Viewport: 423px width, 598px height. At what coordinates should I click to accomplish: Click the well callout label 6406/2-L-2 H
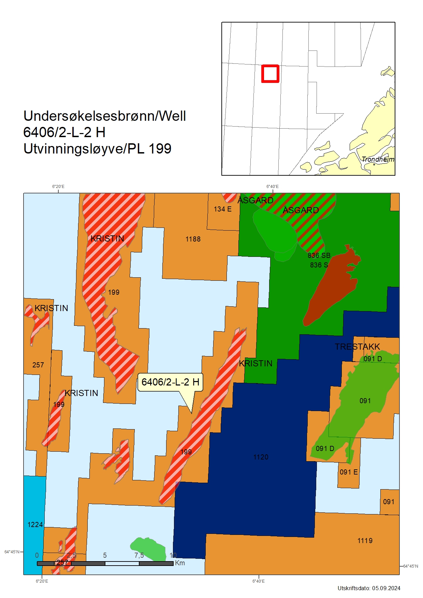(x=170, y=382)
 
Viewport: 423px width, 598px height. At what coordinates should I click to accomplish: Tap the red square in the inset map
(x=270, y=74)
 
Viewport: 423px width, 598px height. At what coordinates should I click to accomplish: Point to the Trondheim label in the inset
(x=378, y=159)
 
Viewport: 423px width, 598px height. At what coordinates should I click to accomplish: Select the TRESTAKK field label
(x=357, y=347)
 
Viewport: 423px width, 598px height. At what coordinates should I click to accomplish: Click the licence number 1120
(x=261, y=457)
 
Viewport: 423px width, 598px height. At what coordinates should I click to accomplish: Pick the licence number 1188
(x=193, y=239)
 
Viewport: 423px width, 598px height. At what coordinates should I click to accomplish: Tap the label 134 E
(x=222, y=209)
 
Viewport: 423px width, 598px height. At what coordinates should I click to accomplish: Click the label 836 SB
(x=319, y=256)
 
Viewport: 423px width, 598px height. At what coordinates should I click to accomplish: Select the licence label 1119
(x=365, y=541)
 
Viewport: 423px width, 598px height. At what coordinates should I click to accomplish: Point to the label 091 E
(x=349, y=472)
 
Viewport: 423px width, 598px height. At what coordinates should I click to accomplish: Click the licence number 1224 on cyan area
(x=35, y=525)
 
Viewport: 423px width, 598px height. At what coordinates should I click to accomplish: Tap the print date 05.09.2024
(x=386, y=588)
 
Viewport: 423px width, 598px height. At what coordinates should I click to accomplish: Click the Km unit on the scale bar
(x=180, y=563)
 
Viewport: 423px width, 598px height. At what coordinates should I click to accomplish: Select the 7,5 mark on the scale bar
(x=139, y=555)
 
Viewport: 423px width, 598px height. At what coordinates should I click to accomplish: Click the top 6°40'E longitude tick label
(x=272, y=187)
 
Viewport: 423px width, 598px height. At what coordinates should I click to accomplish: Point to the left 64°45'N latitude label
(x=12, y=552)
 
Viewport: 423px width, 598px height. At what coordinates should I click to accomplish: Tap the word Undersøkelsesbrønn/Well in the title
(x=104, y=116)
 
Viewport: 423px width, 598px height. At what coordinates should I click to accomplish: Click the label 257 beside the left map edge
(x=38, y=365)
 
